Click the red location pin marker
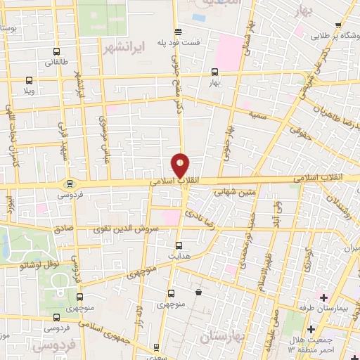(x=181, y=166)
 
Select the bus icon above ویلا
(x=29, y=81)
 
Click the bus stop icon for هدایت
(x=179, y=245)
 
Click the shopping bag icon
(x=199, y=292)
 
